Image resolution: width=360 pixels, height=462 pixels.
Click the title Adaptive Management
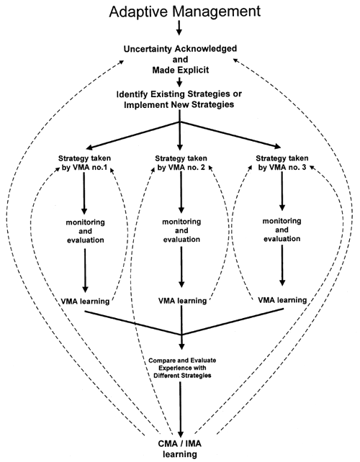pyautogui.click(x=180, y=12)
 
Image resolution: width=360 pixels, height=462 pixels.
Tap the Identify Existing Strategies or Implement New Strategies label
pyautogui.click(x=180, y=99)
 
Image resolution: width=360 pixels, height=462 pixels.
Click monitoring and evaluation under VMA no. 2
pyautogui.click(x=181, y=232)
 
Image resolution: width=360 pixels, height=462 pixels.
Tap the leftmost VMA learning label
pyautogui.click(x=86, y=299)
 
